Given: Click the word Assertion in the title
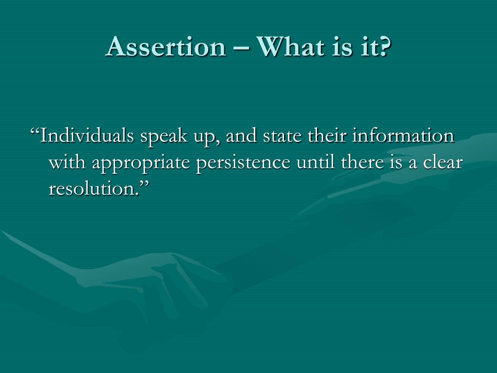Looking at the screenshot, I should [x=166, y=47].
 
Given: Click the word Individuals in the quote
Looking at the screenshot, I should [x=87, y=136].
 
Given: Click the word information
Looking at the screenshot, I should [x=403, y=136].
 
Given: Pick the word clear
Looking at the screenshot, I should [x=441, y=163].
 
